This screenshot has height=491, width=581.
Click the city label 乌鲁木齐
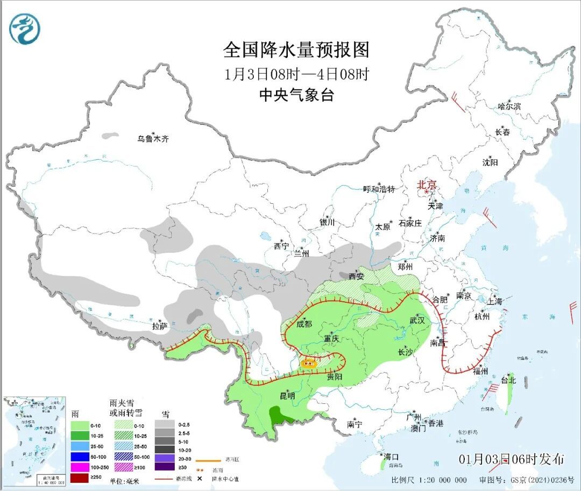153,139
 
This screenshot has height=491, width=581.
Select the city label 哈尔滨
509,106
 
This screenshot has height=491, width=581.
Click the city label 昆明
287,395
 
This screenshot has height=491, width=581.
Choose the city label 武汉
417,320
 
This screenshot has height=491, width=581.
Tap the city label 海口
392,457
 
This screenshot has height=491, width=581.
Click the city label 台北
508,380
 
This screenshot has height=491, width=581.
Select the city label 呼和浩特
379,189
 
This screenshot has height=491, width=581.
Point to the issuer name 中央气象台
296,95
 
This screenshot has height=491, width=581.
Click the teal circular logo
25,29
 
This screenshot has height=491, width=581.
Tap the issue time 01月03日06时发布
512,459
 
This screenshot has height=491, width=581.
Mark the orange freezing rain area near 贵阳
309,363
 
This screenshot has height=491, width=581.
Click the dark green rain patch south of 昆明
279,415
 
